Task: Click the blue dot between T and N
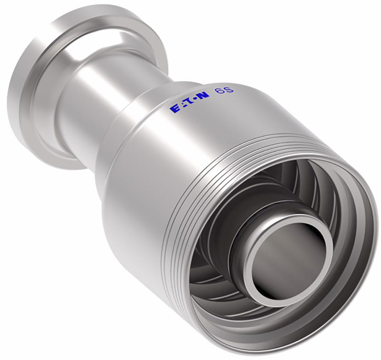tap(196, 99)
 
